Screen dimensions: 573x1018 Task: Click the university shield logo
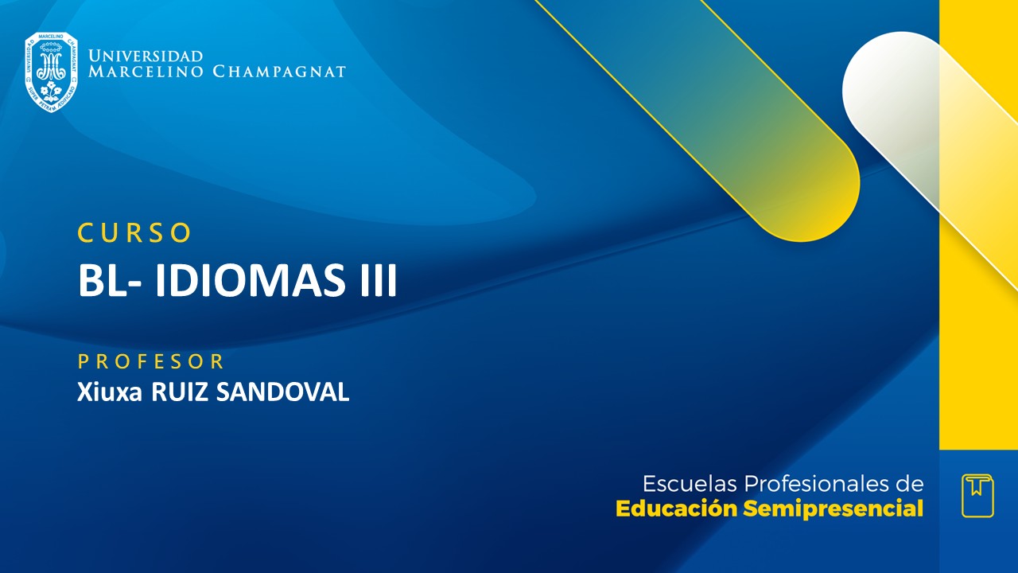pyautogui.click(x=51, y=72)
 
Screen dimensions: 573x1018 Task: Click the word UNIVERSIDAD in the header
pyautogui.click(x=146, y=57)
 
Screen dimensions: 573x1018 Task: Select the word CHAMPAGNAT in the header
pyautogui.click(x=279, y=72)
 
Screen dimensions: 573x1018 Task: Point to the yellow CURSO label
pyautogui.click(x=135, y=232)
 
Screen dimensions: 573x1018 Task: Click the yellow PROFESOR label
pyautogui.click(x=151, y=361)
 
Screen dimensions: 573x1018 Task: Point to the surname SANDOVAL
pyautogui.click(x=282, y=392)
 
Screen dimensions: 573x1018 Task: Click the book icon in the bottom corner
pyautogui.click(x=977, y=495)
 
